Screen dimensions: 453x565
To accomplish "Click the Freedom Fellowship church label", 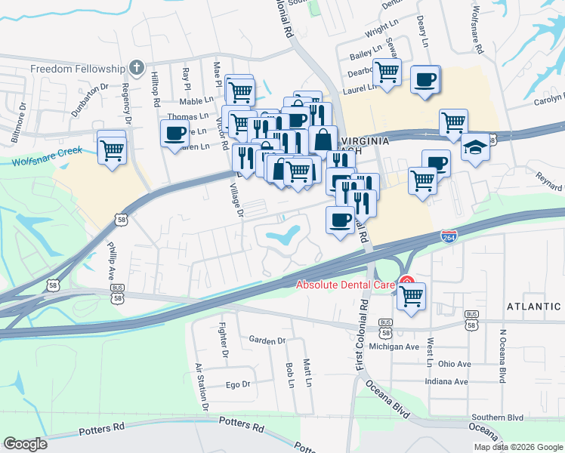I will (76, 69).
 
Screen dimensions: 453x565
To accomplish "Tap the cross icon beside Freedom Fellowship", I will (136, 68).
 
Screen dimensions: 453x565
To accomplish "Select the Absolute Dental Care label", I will (345, 285).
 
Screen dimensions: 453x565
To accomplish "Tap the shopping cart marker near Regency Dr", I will (112, 149).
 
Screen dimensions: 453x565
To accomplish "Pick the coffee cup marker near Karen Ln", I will (174, 134).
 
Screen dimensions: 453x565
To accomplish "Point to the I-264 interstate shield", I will (449, 237).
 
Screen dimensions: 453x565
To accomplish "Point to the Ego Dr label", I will (238, 384).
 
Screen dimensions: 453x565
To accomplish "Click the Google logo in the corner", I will (25, 443).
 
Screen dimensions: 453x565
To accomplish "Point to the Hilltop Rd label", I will (156, 88).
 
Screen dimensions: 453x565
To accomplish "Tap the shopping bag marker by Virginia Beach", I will (323, 139).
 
